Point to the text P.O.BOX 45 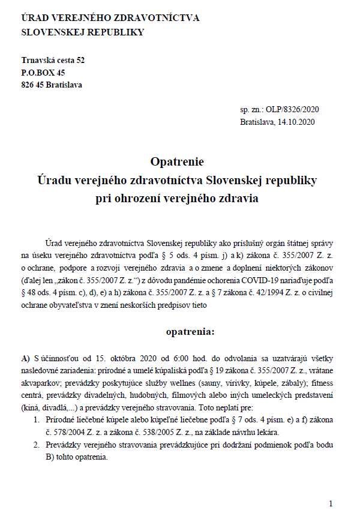43,73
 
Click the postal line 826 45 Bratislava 52,85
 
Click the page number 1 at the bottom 331,503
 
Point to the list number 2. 37,445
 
